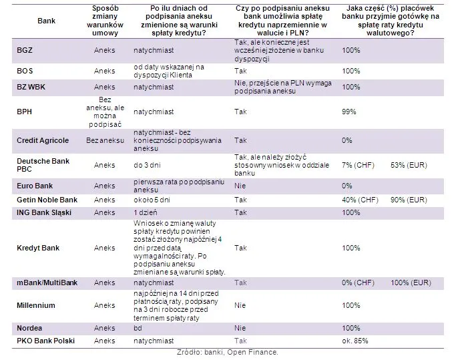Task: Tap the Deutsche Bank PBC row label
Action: click(x=44, y=164)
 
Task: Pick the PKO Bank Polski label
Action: click(x=45, y=341)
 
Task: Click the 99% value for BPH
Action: click(x=349, y=112)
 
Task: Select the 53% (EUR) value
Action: click(x=404, y=164)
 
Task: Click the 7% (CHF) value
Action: click(x=357, y=164)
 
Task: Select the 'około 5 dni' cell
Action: click(x=152, y=200)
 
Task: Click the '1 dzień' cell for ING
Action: click(x=146, y=212)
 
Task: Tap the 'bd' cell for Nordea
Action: click(x=137, y=329)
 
